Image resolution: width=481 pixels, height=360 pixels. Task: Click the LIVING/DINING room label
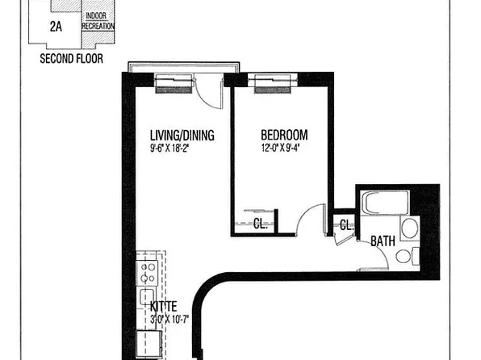coord(182,136)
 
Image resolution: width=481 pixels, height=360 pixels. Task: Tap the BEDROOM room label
coord(284,136)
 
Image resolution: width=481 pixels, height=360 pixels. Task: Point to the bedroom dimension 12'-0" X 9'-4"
coord(284,148)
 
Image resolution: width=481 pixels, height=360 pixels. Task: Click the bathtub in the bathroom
coord(382,203)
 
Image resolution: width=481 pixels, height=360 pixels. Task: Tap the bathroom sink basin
coord(409,228)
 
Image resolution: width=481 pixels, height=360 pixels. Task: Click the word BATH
coord(383,241)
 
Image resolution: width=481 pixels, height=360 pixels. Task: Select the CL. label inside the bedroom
coord(261,224)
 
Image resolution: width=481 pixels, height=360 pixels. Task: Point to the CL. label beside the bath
coord(345,225)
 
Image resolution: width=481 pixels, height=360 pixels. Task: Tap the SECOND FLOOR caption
coord(72,59)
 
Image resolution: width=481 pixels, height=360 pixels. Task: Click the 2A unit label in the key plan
coord(57,26)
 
